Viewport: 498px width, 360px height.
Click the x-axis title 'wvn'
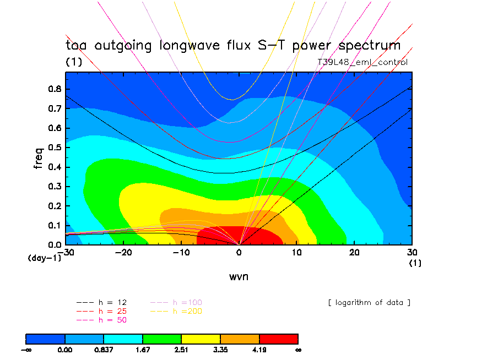(239, 276)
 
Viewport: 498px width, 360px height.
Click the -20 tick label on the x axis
(123, 252)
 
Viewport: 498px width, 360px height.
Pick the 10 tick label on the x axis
(296, 252)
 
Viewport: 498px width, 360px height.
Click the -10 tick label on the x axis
(181, 252)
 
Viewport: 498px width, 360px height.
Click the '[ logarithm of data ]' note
(369, 303)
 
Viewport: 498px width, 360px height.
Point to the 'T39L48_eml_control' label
(362, 62)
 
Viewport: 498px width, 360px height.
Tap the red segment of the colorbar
(278, 338)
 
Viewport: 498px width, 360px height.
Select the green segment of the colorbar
(162, 338)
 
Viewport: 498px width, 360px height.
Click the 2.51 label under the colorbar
(181, 350)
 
